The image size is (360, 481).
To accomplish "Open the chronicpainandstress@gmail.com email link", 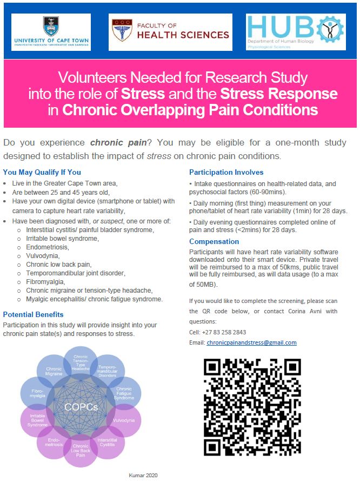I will tap(251, 342).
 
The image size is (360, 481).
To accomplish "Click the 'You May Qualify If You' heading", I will tap(42, 173).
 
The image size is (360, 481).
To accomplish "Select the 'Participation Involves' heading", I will tap(226, 173).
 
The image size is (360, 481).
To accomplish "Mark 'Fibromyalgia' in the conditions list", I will tap(46, 282).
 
